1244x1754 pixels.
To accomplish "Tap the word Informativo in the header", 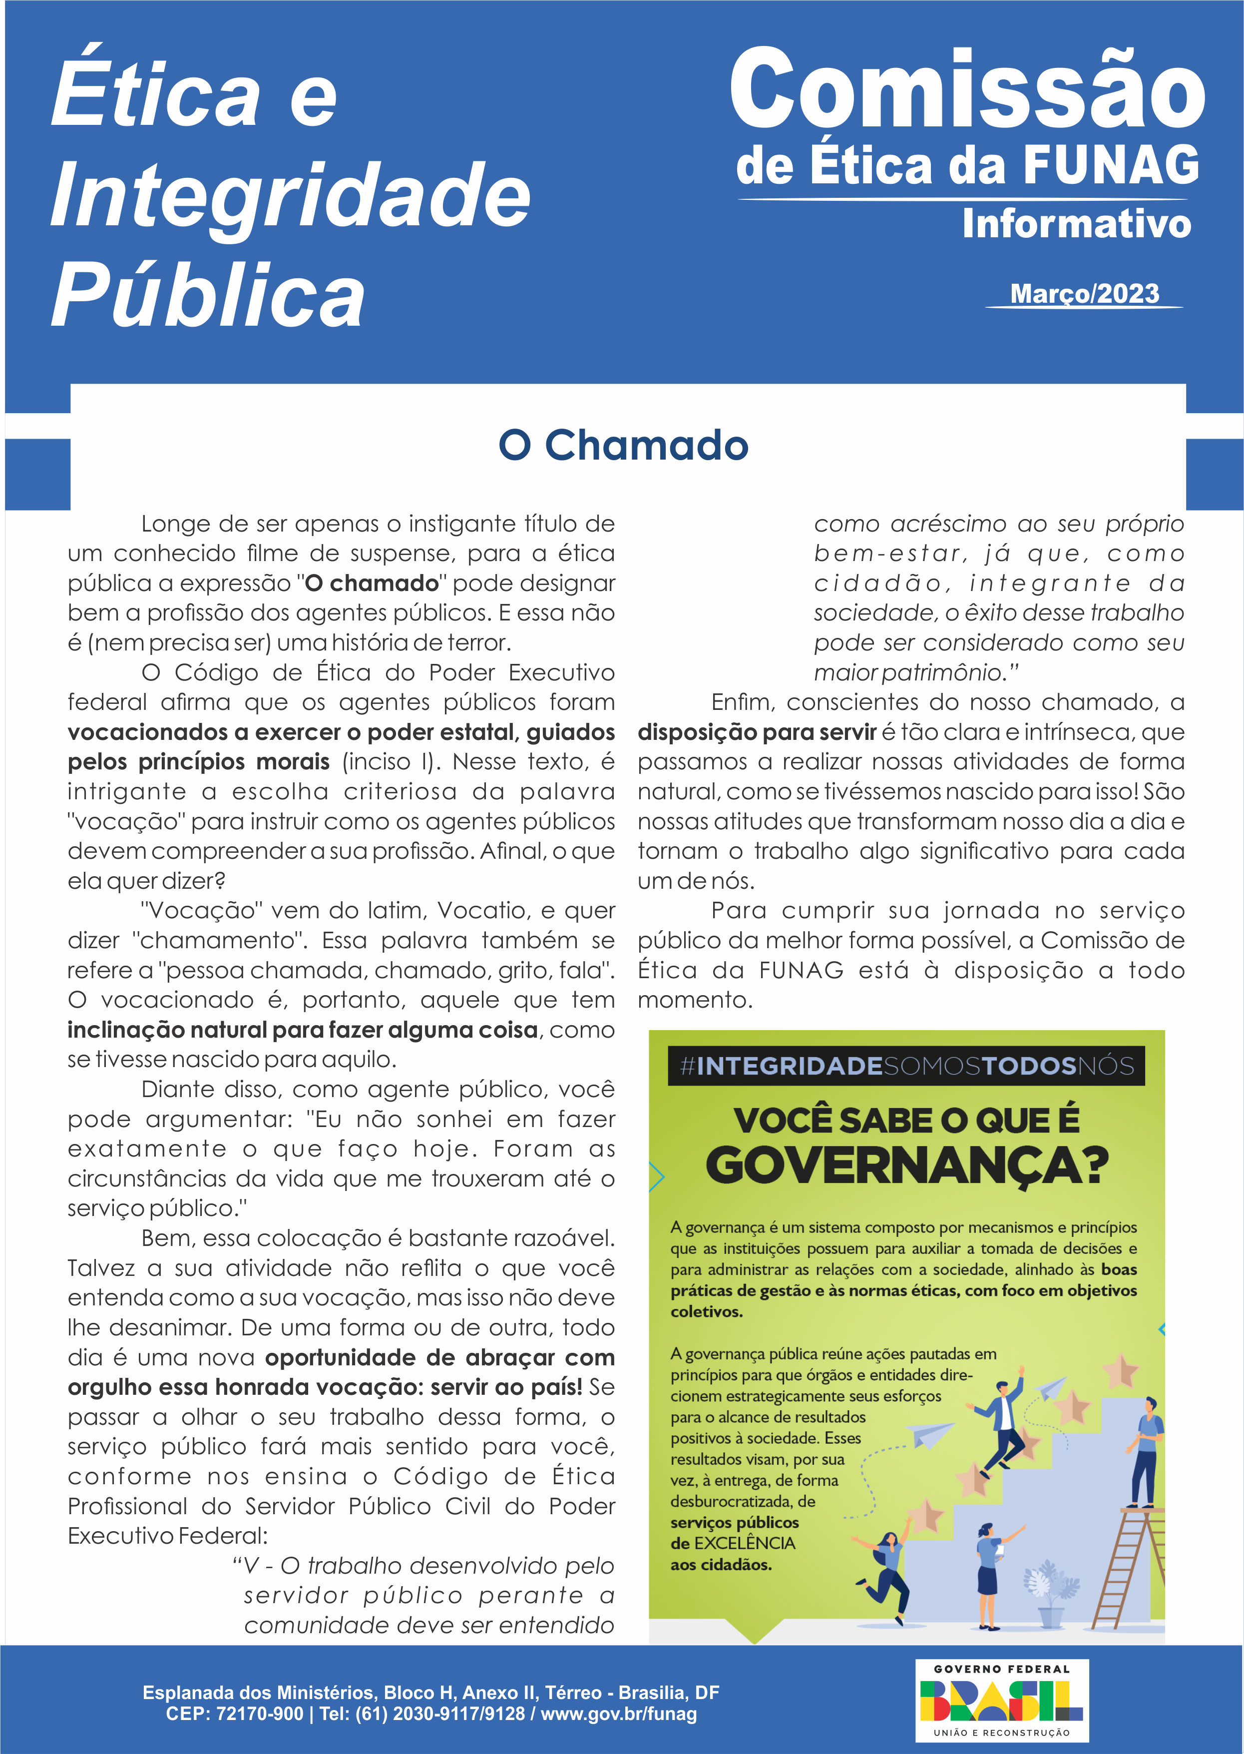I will [1076, 224].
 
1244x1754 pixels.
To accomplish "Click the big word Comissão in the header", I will [967, 90].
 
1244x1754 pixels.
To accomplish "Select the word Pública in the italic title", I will [208, 296].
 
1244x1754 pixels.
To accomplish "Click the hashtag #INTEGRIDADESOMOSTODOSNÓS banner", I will [906, 1066].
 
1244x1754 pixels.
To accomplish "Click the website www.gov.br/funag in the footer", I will [619, 1714].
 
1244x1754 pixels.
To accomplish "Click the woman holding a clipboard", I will [989, 1571].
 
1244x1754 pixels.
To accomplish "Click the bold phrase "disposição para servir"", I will [757, 732].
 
